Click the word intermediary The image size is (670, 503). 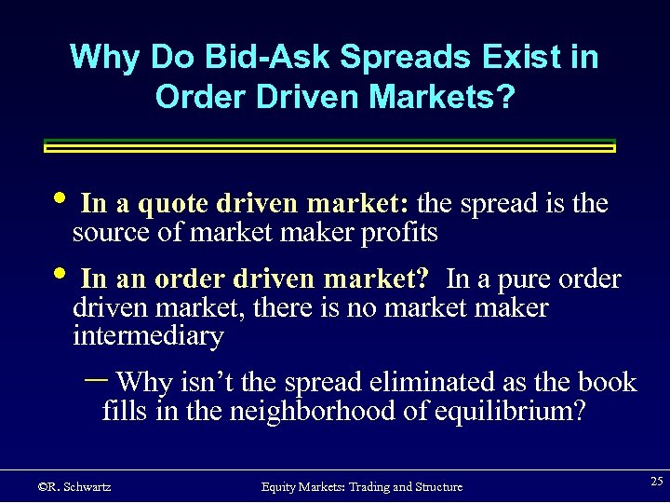[148, 335]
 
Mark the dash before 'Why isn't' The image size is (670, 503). [95, 379]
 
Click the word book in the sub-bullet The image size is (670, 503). [608, 382]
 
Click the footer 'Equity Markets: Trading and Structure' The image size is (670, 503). [362, 486]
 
